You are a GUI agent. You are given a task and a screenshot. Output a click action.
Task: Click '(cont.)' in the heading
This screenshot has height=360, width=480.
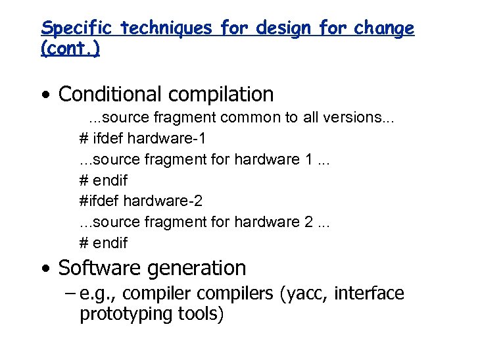pos(70,49)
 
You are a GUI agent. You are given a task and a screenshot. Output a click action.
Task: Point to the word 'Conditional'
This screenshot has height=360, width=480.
pos(109,95)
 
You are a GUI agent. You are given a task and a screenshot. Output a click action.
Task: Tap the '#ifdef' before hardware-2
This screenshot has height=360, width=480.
pos(99,201)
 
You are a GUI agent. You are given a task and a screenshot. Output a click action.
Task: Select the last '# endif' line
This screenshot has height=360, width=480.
pos(103,243)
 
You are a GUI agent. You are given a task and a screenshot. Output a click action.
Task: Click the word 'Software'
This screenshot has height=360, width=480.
pos(100,269)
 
